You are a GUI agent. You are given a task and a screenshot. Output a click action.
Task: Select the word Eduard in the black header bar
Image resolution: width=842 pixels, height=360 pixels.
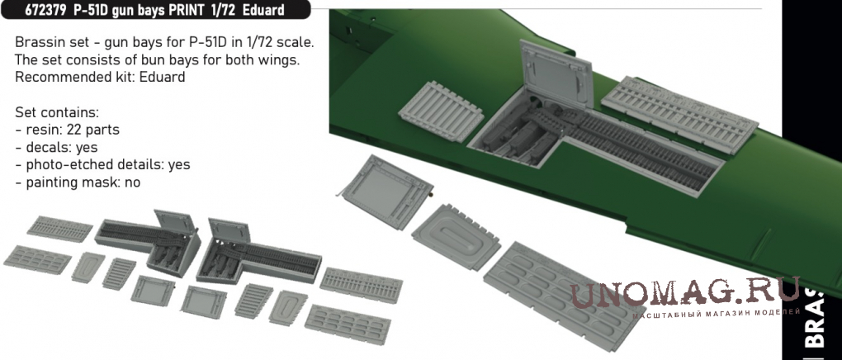coord(263,10)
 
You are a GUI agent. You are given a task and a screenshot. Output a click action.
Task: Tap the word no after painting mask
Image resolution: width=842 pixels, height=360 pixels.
coord(132,182)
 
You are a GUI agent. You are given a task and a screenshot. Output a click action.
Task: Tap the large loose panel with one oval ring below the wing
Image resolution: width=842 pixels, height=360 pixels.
coord(456,236)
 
